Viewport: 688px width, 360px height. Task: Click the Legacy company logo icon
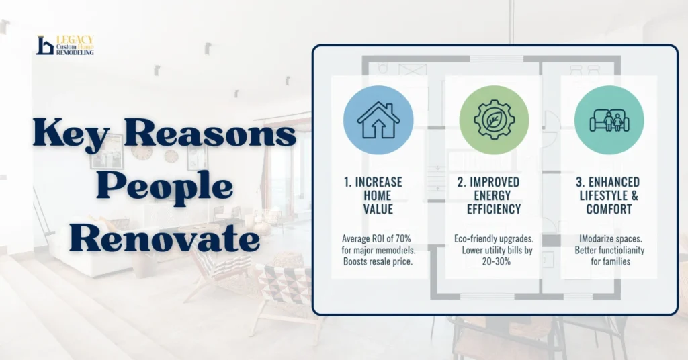[x=45, y=46]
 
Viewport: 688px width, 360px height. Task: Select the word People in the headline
[x=164, y=187]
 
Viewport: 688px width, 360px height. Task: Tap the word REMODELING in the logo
[x=75, y=52]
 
